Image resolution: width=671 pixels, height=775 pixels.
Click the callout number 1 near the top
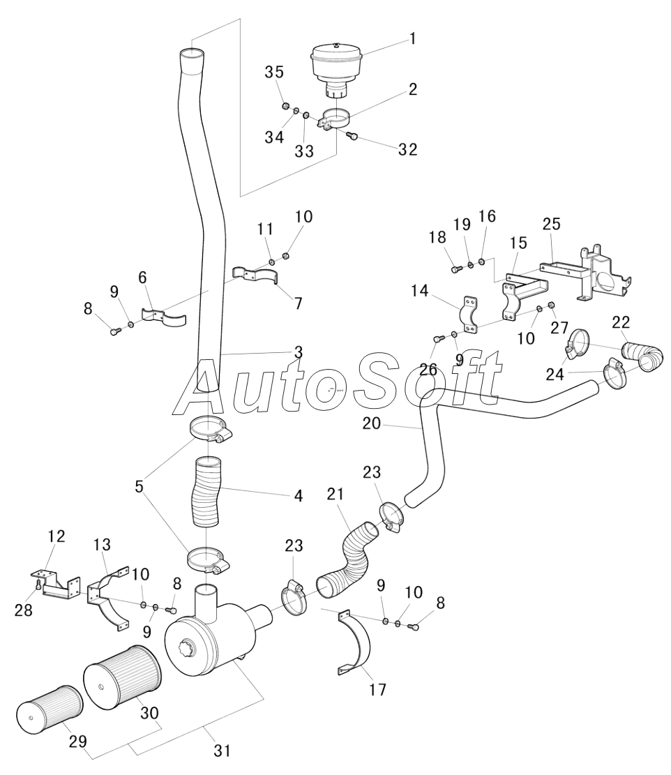coord(412,39)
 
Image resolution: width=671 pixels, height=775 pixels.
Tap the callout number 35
coord(273,72)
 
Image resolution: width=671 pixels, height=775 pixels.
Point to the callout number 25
coord(551,224)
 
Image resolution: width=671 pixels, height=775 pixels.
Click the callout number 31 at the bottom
coord(222,751)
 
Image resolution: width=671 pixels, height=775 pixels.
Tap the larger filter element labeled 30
coord(122,677)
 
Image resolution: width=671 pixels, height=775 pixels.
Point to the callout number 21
coord(335,495)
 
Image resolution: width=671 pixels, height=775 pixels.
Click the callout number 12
coord(56,536)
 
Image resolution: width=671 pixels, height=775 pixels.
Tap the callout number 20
coord(372,423)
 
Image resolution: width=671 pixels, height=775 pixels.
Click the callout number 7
coord(298,304)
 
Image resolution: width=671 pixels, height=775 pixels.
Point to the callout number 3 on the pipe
coord(299,352)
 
